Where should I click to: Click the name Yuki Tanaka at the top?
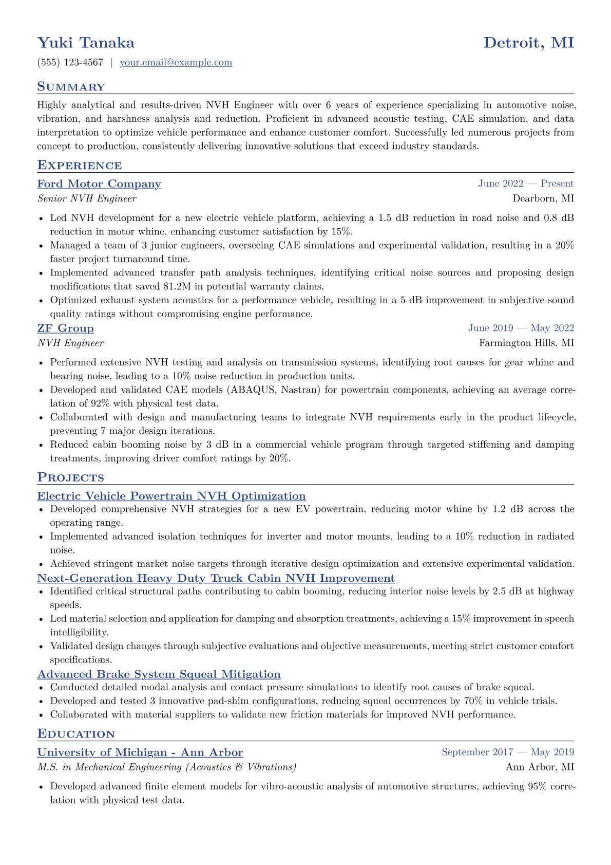(86, 43)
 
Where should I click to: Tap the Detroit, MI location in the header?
(528, 43)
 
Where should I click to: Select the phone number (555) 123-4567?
(70, 63)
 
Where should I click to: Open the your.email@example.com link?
(176, 63)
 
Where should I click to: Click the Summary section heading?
(71, 87)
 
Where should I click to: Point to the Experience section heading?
(80, 165)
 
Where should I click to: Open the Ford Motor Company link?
(99, 184)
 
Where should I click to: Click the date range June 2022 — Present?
(526, 184)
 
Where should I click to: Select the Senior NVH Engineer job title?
(87, 199)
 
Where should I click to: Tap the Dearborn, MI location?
(543, 199)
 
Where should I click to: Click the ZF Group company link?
(65, 328)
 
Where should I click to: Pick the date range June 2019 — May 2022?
(521, 328)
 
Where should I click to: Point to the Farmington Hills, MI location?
(526, 343)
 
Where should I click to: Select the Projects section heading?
(70, 477)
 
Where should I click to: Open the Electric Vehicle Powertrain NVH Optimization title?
(171, 496)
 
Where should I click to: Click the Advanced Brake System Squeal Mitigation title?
(159, 674)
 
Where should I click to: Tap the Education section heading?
(76, 734)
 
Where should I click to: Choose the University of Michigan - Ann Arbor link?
(140, 752)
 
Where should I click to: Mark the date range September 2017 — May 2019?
(507, 752)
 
